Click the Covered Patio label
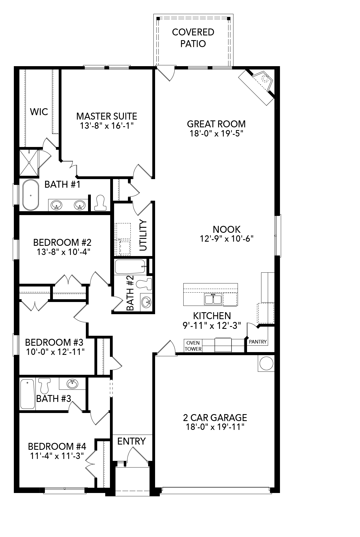coord(193,38)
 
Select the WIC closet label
coord(39,112)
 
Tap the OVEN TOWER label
coord(193,346)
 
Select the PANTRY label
coord(258,342)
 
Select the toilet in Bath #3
coord(44,386)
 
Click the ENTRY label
coord(131,441)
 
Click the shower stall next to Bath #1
coord(29,163)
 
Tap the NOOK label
coord(227,229)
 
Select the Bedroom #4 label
coord(57,446)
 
